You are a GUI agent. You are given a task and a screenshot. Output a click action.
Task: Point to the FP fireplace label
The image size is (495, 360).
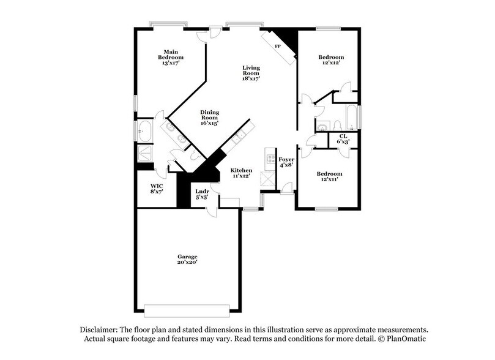(x=277, y=47)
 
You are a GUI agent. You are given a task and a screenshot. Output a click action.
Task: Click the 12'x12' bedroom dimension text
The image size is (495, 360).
(x=329, y=62)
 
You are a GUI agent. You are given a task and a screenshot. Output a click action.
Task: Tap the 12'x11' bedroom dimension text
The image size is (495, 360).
(x=329, y=179)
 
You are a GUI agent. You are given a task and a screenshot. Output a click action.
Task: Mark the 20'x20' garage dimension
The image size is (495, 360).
(x=187, y=262)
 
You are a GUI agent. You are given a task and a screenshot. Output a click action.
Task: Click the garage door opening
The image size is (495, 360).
(x=188, y=307)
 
